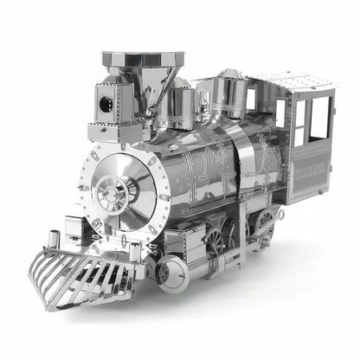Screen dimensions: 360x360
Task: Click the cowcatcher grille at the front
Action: coord(82,273)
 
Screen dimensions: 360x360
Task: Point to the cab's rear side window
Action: coord(319,118)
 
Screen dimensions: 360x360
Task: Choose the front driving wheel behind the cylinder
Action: coord(213,241)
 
